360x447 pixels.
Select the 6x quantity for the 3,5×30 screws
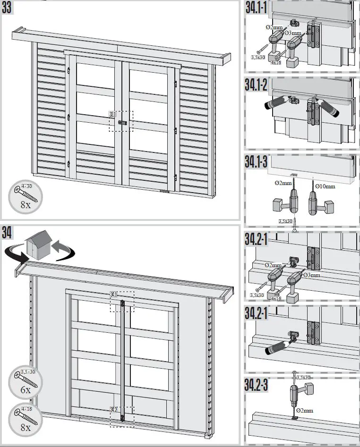(26, 390)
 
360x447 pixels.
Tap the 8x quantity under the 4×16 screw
(26, 427)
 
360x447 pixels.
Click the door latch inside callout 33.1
(122, 122)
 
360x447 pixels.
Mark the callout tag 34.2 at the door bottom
(113, 409)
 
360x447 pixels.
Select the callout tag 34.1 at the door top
(113, 295)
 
